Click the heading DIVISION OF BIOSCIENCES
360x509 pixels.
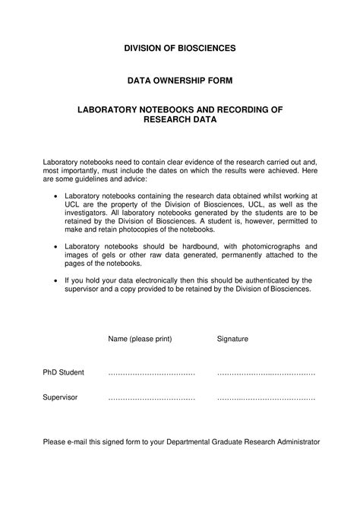point(180,48)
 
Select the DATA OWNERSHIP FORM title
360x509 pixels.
point(180,79)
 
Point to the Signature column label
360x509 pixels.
point(232,338)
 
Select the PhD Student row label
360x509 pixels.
point(63,373)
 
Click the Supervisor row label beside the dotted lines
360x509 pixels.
point(60,397)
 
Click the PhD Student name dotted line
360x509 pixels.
point(151,374)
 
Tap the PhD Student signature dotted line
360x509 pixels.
point(266,374)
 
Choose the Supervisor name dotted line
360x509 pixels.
point(151,398)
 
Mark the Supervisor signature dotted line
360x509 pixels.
point(266,398)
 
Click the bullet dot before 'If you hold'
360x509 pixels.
point(56,280)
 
